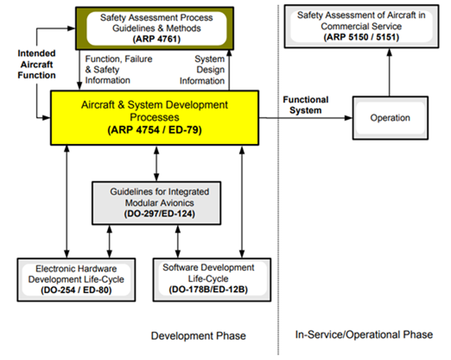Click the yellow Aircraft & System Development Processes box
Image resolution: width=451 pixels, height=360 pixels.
click(x=155, y=117)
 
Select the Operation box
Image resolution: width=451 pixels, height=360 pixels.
click(x=390, y=118)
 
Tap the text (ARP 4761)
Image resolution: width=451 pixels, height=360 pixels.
click(x=156, y=39)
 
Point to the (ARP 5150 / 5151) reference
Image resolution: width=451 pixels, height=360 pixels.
click(x=361, y=37)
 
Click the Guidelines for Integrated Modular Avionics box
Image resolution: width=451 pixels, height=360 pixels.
click(x=156, y=203)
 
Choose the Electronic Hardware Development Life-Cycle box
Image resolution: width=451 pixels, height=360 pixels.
click(x=76, y=279)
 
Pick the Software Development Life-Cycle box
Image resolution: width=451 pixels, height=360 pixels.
click(x=212, y=279)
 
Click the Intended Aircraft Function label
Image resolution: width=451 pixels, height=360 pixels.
click(x=37, y=64)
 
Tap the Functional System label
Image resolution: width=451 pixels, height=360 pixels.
click(x=305, y=105)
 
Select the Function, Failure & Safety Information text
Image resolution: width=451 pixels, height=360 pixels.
click(x=119, y=70)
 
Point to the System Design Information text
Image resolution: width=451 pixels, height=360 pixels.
click(x=202, y=70)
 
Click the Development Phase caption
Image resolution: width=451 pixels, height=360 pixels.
click(x=198, y=336)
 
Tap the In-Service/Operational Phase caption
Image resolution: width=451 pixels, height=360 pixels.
click(x=364, y=335)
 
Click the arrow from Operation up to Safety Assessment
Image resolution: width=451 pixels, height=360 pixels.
click(x=389, y=72)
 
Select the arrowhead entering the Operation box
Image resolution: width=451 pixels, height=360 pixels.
click(x=349, y=118)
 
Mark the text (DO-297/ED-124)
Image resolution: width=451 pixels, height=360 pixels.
click(x=159, y=214)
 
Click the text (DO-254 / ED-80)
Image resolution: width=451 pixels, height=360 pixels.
click(x=76, y=290)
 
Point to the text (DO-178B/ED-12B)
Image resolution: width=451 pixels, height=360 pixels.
click(x=208, y=289)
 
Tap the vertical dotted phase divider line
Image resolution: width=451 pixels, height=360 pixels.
click(x=278, y=180)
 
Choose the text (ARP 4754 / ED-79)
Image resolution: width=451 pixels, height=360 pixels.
click(x=155, y=130)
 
